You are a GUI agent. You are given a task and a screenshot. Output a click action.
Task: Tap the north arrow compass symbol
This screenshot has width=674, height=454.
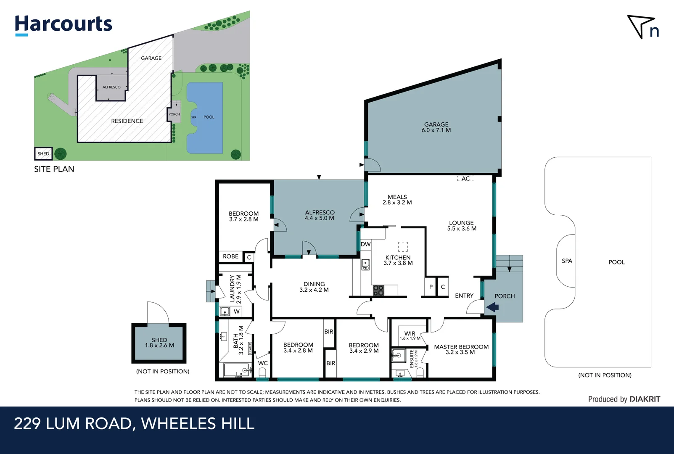point(642,27)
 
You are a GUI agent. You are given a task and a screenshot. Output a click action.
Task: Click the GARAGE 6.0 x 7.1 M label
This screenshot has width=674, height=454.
point(436,127)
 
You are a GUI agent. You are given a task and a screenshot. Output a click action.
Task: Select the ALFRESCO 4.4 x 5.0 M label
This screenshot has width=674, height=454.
point(320,215)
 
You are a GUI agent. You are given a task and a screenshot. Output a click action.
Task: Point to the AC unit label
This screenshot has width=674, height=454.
point(465,179)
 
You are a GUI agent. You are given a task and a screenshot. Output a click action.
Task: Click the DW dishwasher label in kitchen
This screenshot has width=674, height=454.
point(366,244)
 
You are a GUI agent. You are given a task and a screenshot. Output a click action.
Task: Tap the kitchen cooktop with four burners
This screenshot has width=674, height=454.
point(378,290)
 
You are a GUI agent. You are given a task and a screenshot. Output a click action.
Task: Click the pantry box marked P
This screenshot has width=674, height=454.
point(431,287)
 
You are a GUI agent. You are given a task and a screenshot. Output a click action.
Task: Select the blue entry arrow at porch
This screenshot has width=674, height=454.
point(492,307)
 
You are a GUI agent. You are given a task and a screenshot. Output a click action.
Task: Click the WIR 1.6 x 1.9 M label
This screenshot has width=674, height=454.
point(410,335)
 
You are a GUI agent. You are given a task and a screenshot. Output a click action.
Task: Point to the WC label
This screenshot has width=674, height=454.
point(263,363)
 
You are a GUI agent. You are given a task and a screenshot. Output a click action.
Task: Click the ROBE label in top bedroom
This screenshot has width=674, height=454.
point(230,256)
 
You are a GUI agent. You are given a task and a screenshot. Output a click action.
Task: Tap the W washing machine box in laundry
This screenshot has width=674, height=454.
point(237,311)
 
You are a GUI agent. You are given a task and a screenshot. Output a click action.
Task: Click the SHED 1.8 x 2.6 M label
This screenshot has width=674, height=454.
point(159,343)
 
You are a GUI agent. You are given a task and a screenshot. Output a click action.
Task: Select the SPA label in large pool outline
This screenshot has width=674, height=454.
point(567,261)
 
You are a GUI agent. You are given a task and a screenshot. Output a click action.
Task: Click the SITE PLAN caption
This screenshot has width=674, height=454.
point(54,169)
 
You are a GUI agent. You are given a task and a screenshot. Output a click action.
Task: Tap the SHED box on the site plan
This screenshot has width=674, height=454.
point(43,154)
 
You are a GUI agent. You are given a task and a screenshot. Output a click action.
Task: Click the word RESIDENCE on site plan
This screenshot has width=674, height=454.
point(127,121)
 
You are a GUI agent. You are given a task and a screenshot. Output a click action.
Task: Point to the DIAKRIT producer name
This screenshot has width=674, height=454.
point(645,399)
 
